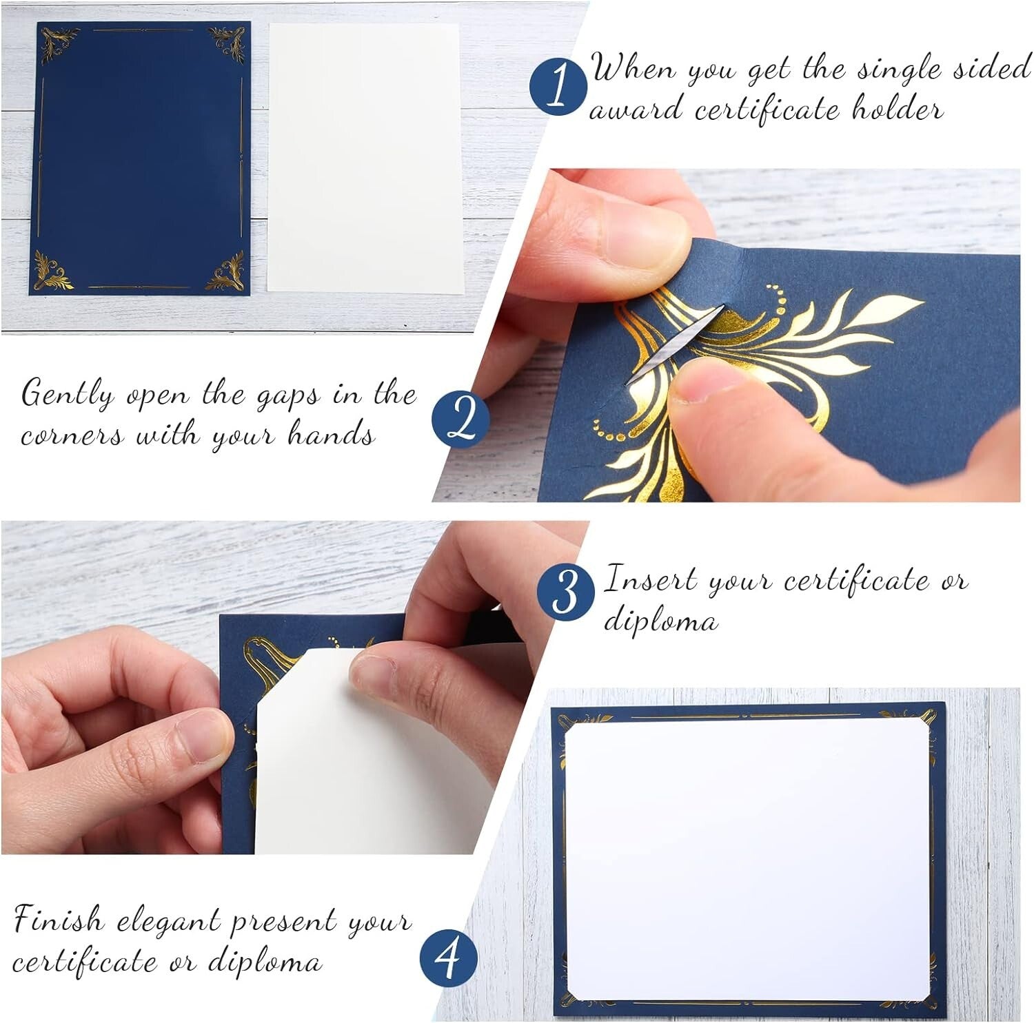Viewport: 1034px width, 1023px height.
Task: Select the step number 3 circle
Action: tap(565, 591)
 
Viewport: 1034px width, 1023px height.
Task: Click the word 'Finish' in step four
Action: tap(59, 921)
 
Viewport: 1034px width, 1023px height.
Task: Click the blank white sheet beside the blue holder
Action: tap(364, 158)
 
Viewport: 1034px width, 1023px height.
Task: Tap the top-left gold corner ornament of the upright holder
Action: tap(55, 43)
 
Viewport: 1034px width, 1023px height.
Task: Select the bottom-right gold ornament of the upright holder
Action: tap(227, 271)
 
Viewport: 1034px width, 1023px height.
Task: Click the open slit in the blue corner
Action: tap(676, 340)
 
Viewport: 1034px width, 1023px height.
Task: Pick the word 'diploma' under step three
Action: tap(660, 621)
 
